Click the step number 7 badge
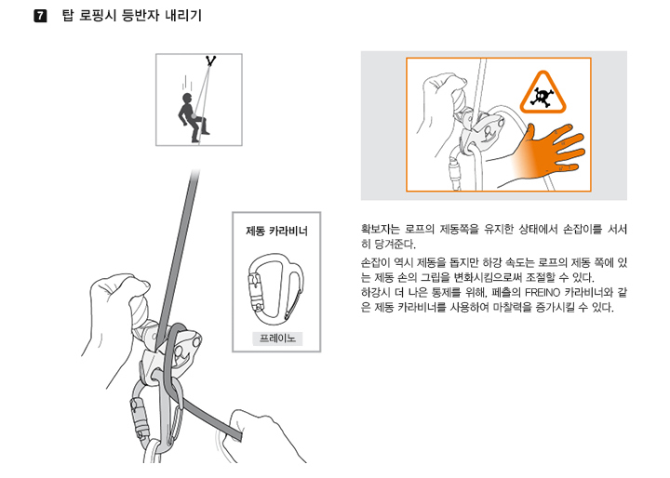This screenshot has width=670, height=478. [x=40, y=16]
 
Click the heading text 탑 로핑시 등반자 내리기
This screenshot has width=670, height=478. [x=131, y=16]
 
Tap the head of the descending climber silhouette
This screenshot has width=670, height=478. [x=187, y=98]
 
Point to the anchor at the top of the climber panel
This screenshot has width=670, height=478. [x=210, y=60]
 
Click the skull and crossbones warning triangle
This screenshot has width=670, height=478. [x=543, y=93]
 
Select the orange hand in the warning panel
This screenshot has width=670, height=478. [x=550, y=150]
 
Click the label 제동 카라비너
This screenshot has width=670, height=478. [x=276, y=232]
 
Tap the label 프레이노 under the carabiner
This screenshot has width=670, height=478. [x=277, y=339]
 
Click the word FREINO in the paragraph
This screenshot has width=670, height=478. [x=543, y=293]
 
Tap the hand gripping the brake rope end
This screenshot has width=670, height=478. [x=261, y=436]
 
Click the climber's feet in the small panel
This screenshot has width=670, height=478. [x=200, y=137]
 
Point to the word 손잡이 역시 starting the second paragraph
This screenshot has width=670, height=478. [x=387, y=262]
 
